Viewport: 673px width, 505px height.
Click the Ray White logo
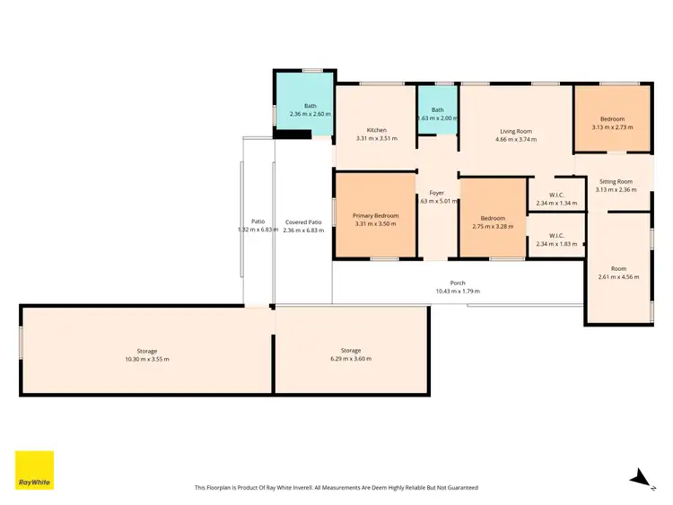point(34,470)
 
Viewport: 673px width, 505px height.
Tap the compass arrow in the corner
point(639,477)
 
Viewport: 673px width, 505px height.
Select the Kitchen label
point(376,130)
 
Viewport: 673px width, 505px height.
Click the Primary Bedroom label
point(375,216)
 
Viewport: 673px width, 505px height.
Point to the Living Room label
point(517,130)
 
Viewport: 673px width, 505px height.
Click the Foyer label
point(437,193)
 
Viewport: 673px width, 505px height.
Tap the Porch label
point(458,283)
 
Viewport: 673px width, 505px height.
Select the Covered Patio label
point(303,222)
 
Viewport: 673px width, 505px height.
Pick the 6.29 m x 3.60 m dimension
point(351,359)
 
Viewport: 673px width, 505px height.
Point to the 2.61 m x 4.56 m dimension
point(619,277)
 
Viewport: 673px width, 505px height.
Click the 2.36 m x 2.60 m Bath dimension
point(310,114)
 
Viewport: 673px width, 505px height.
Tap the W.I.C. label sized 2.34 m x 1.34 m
point(556,196)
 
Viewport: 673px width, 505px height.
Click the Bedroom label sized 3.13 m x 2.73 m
point(613,118)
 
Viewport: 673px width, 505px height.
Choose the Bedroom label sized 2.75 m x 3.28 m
point(493,218)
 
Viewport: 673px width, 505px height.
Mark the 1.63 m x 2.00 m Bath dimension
point(437,118)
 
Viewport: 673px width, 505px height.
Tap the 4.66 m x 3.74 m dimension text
point(517,139)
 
